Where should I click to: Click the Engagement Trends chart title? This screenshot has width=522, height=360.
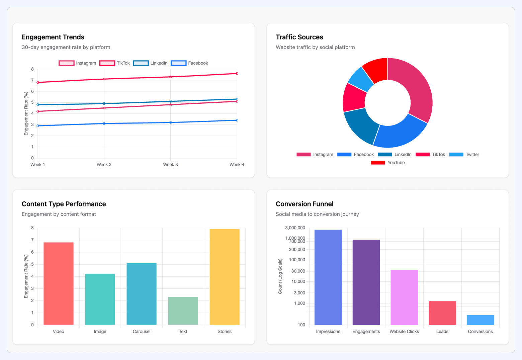pos(53,37)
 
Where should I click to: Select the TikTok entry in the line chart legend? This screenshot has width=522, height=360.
pos(115,63)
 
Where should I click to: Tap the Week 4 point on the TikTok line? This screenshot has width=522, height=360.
pos(237,74)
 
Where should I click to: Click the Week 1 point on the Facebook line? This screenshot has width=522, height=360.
pos(38,126)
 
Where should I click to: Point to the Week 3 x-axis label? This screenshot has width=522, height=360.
pos(170,165)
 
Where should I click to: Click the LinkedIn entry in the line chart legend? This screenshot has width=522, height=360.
pos(150,63)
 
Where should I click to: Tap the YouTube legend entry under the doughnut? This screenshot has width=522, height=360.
pos(388,163)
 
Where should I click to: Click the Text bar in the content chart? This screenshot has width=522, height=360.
pos(183,311)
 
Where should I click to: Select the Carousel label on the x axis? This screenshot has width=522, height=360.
pos(142,332)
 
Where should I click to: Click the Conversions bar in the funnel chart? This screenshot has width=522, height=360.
pos(480,320)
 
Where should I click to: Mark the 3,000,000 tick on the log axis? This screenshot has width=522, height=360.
pos(295,228)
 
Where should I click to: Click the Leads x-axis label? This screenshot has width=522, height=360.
pos(442,332)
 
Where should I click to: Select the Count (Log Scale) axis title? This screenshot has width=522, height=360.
pos(280,276)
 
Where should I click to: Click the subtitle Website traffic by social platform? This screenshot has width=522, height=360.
pos(315,47)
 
